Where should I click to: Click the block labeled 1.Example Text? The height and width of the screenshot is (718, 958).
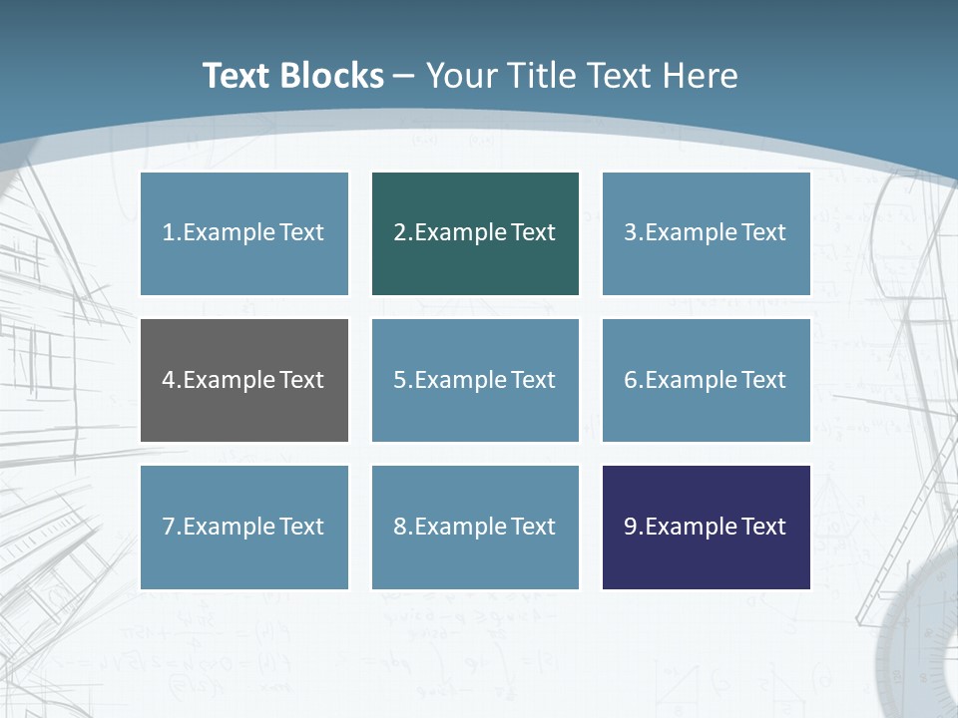(244, 233)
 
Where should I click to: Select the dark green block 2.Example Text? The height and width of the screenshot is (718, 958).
(475, 233)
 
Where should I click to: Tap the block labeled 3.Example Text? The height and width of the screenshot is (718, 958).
(706, 233)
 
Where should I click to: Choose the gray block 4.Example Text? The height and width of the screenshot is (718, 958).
(244, 380)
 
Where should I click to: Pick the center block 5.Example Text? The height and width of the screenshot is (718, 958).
(475, 380)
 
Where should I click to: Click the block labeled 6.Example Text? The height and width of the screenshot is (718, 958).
(706, 380)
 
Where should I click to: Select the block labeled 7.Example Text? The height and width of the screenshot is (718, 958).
(244, 527)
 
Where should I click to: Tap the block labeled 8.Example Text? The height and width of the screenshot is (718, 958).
(475, 527)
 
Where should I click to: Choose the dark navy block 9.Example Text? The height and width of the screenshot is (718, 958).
(706, 527)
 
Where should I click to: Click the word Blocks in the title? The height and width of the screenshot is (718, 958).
(332, 76)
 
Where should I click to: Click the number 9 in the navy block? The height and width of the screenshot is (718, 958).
(631, 527)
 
